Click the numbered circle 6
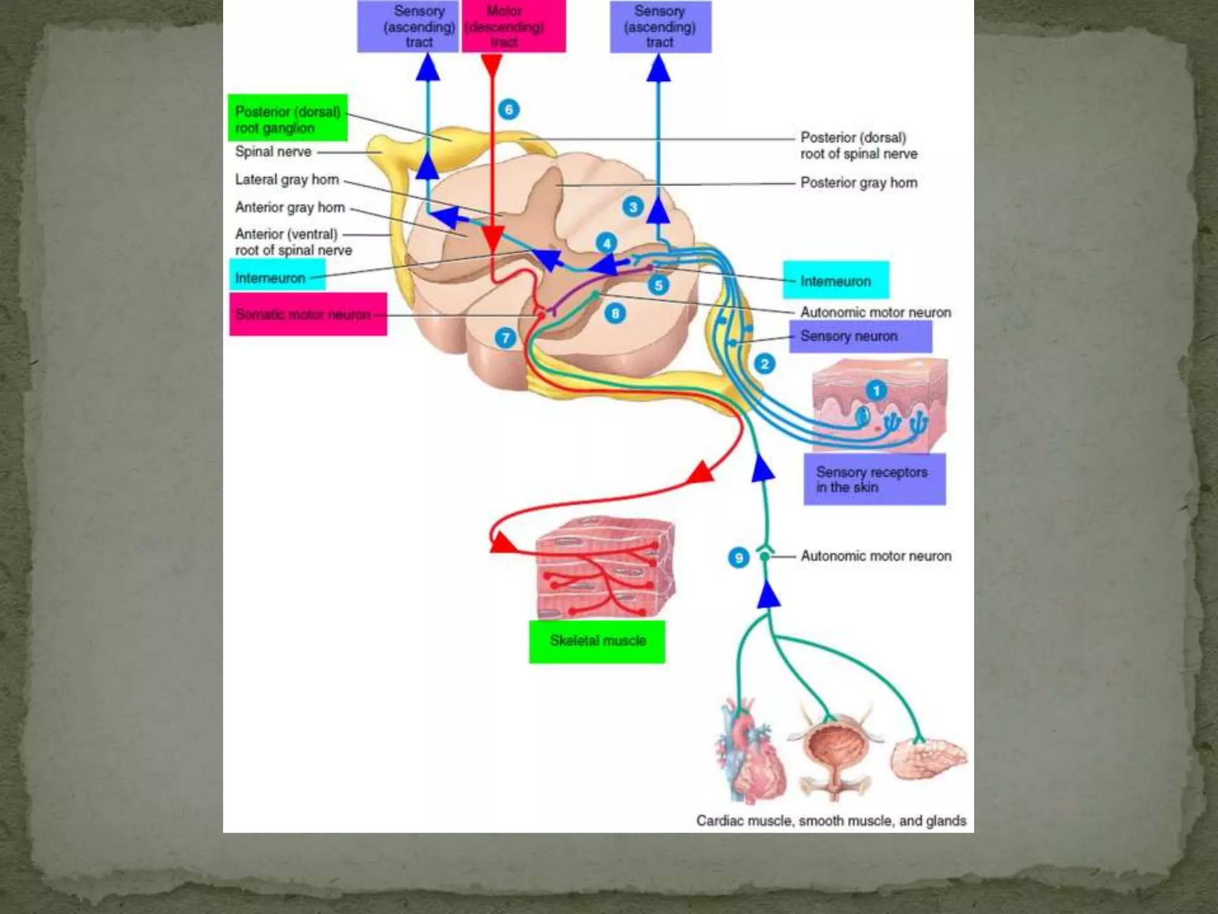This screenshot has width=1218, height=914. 508,109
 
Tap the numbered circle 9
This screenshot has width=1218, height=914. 739,558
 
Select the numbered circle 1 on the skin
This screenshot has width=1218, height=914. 875,391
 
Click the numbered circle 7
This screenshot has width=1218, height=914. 506,339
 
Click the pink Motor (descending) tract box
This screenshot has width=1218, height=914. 514,26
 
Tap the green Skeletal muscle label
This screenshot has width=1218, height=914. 597,641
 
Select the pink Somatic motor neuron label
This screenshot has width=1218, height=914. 308,314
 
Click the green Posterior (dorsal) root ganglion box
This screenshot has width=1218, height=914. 287,118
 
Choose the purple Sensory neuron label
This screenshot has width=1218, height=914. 860,336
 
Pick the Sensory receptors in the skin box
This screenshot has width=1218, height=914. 874,479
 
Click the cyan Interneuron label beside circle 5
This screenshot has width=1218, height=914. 836,280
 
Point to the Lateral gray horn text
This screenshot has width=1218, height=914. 287,180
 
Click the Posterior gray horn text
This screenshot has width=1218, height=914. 858,183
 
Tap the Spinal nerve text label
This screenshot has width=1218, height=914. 273,152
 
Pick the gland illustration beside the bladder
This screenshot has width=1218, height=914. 928,759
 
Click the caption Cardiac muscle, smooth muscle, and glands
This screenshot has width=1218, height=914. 831,821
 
